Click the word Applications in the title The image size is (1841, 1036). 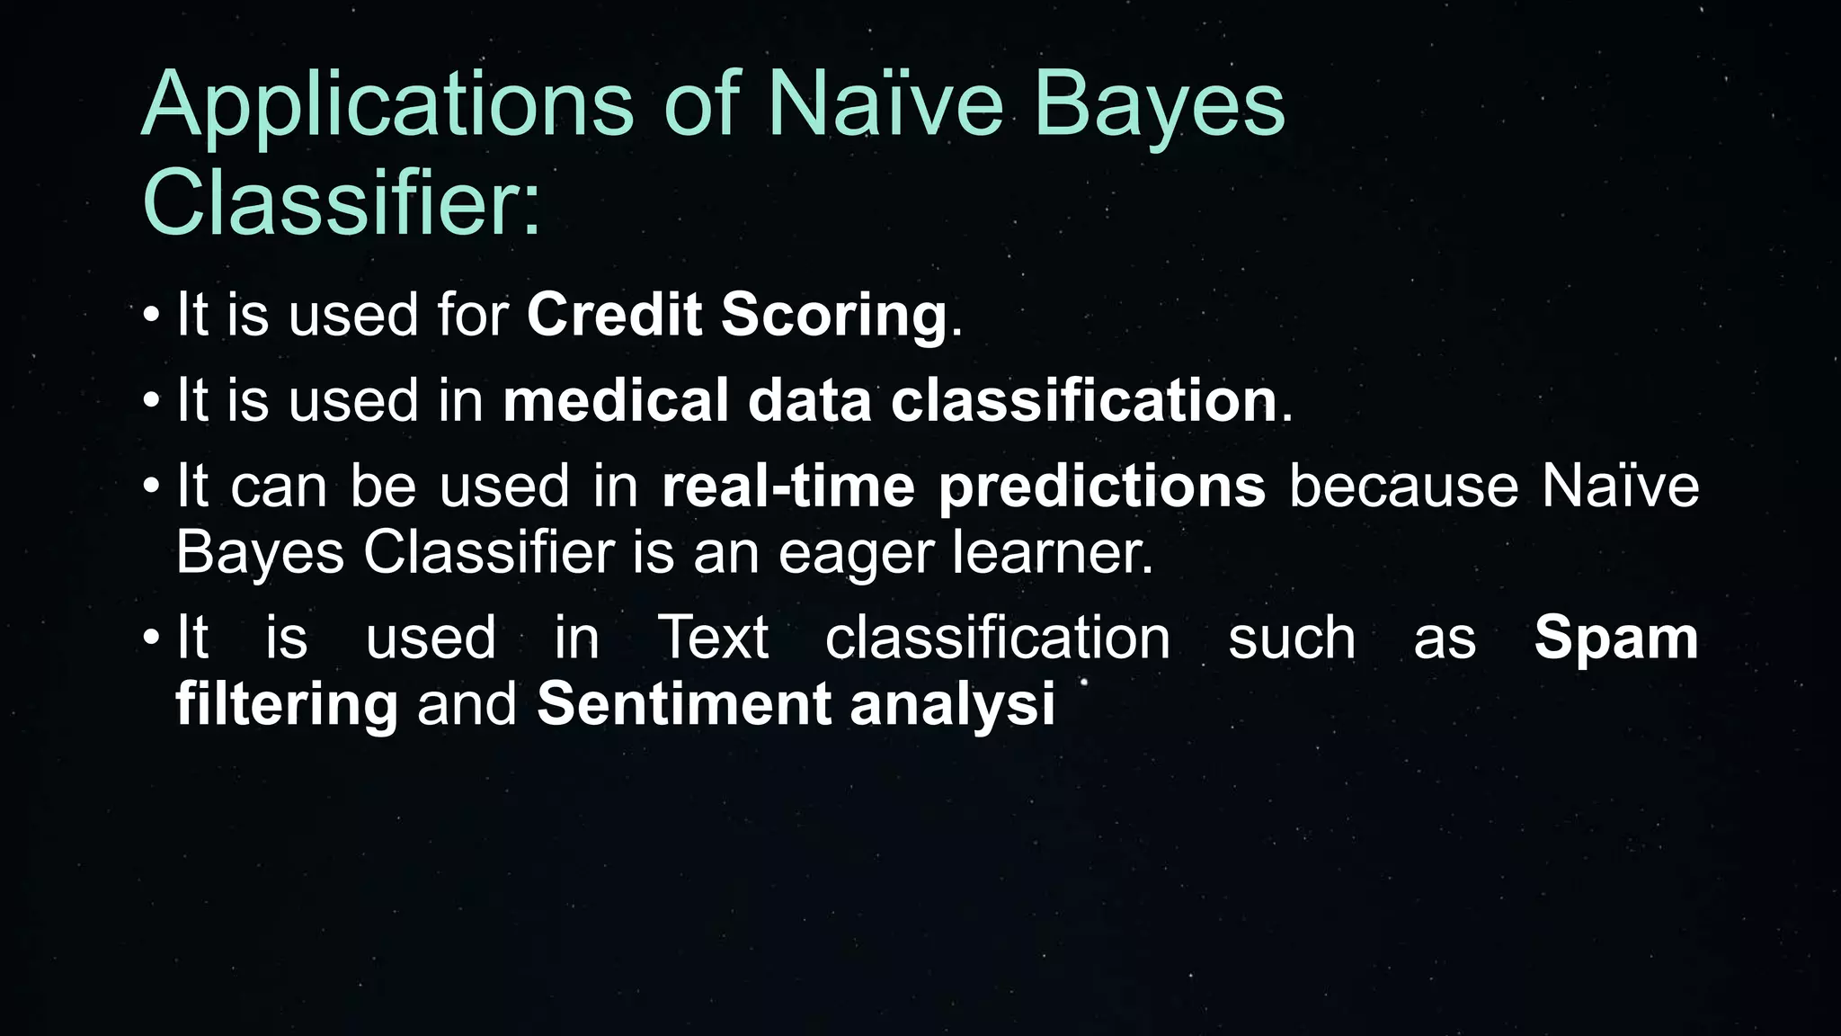[x=387, y=106]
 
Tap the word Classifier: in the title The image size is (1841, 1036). [x=342, y=202]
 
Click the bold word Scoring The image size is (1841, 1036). [x=833, y=317]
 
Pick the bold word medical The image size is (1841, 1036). [x=616, y=400]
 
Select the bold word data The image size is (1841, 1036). [x=809, y=402]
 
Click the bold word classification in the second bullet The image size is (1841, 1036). [x=1083, y=400]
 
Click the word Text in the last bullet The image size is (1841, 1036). [x=713, y=638]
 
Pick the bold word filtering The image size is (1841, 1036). [x=286, y=705]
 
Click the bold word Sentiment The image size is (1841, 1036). [x=683, y=703]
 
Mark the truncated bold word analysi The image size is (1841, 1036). [x=952, y=705]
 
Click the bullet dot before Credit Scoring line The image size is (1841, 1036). [x=151, y=316]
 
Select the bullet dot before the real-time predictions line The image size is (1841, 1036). [x=151, y=487]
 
